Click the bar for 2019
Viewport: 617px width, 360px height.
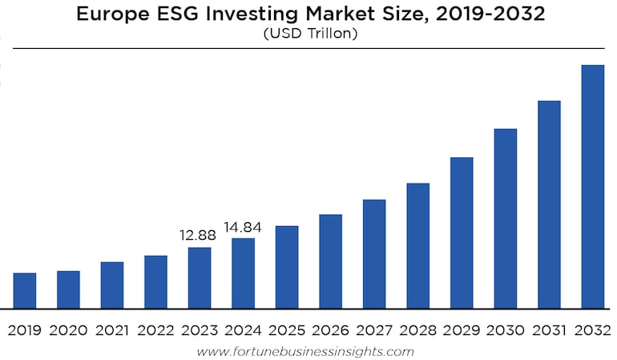coord(25,290)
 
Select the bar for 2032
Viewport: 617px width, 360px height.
coord(592,186)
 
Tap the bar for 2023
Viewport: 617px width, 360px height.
coord(200,277)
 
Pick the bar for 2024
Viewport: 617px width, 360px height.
coord(244,273)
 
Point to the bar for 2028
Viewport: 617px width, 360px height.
coord(418,245)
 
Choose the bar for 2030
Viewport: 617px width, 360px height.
coord(506,218)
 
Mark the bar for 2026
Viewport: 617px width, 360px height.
coord(331,261)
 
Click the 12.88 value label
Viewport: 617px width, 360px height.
coord(199,236)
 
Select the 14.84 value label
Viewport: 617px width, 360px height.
coord(243,227)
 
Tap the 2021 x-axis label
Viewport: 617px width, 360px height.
coord(112,330)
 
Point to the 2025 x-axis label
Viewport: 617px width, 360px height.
coord(287,330)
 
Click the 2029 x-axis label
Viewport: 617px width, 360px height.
coord(462,330)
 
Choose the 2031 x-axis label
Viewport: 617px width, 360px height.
coord(549,330)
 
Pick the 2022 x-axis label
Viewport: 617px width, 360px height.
coord(155,330)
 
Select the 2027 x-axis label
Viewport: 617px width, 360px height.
coord(374,330)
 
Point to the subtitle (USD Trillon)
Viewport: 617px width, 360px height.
coord(308,34)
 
